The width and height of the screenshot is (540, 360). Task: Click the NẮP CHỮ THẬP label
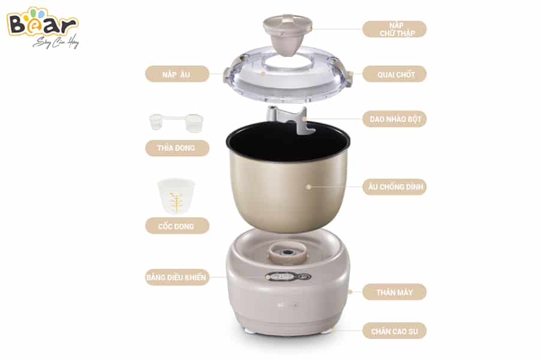tap(394, 29)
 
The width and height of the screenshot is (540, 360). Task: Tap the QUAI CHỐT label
tap(394, 74)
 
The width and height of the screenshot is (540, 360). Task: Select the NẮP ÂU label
tap(177, 74)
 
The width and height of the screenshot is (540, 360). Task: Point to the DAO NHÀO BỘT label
tap(394, 119)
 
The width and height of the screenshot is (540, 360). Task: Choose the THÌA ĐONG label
tap(177, 148)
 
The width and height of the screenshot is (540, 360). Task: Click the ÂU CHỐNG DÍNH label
tap(394, 187)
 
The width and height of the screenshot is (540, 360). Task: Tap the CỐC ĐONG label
tap(177, 226)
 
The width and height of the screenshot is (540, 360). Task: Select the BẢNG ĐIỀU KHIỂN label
tap(177, 277)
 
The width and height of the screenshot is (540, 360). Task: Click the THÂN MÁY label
tap(394, 292)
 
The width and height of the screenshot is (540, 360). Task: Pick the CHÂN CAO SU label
tap(394, 331)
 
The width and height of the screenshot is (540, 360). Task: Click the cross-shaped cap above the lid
tap(287, 34)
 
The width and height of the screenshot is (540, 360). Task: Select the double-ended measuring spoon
tap(176, 122)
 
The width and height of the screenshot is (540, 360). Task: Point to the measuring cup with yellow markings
tap(176, 196)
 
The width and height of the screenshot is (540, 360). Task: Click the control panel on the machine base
tap(288, 277)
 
